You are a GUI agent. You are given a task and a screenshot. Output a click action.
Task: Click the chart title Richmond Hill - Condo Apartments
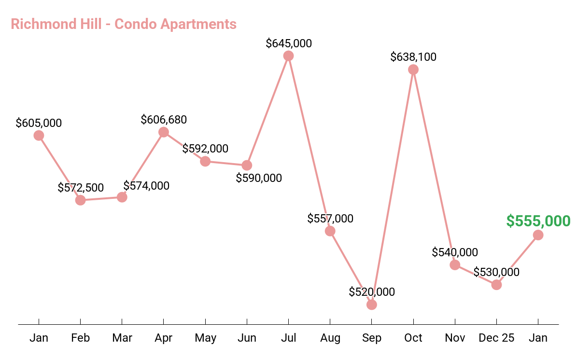pos(124,24)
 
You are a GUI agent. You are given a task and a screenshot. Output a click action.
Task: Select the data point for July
pos(288,56)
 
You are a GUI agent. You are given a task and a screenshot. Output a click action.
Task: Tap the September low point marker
pos(371,305)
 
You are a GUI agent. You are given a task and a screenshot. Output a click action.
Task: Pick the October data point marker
pos(413,69)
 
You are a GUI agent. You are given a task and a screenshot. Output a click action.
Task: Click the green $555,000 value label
pos(538,221)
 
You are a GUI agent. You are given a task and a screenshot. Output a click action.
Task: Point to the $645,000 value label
pos(289,43)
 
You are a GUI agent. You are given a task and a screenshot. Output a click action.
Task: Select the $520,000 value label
pos(372,291)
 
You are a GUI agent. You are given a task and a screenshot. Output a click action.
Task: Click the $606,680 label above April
pos(164,119)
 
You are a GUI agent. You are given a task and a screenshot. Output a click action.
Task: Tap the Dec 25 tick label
pos(496,338)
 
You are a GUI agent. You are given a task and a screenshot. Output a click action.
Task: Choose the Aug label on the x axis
pos(330,338)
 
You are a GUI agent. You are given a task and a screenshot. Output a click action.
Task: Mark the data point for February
pos(81,200)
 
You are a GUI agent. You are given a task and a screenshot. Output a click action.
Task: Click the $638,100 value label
pos(413,57)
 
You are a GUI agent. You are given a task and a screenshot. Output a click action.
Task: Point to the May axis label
pos(205,338)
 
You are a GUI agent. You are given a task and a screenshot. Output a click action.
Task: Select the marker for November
pos(455,264)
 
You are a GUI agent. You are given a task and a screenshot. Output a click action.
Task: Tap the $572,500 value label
pos(81,188)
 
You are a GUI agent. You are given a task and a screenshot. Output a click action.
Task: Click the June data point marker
pos(247,165)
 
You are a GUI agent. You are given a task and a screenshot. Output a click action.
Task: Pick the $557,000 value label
pos(330,218)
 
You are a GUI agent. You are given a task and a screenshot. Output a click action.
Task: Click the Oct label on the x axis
pos(413,338)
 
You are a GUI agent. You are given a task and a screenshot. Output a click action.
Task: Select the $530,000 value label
pos(496,272)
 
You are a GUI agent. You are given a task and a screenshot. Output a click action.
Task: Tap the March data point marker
pos(122,197)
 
